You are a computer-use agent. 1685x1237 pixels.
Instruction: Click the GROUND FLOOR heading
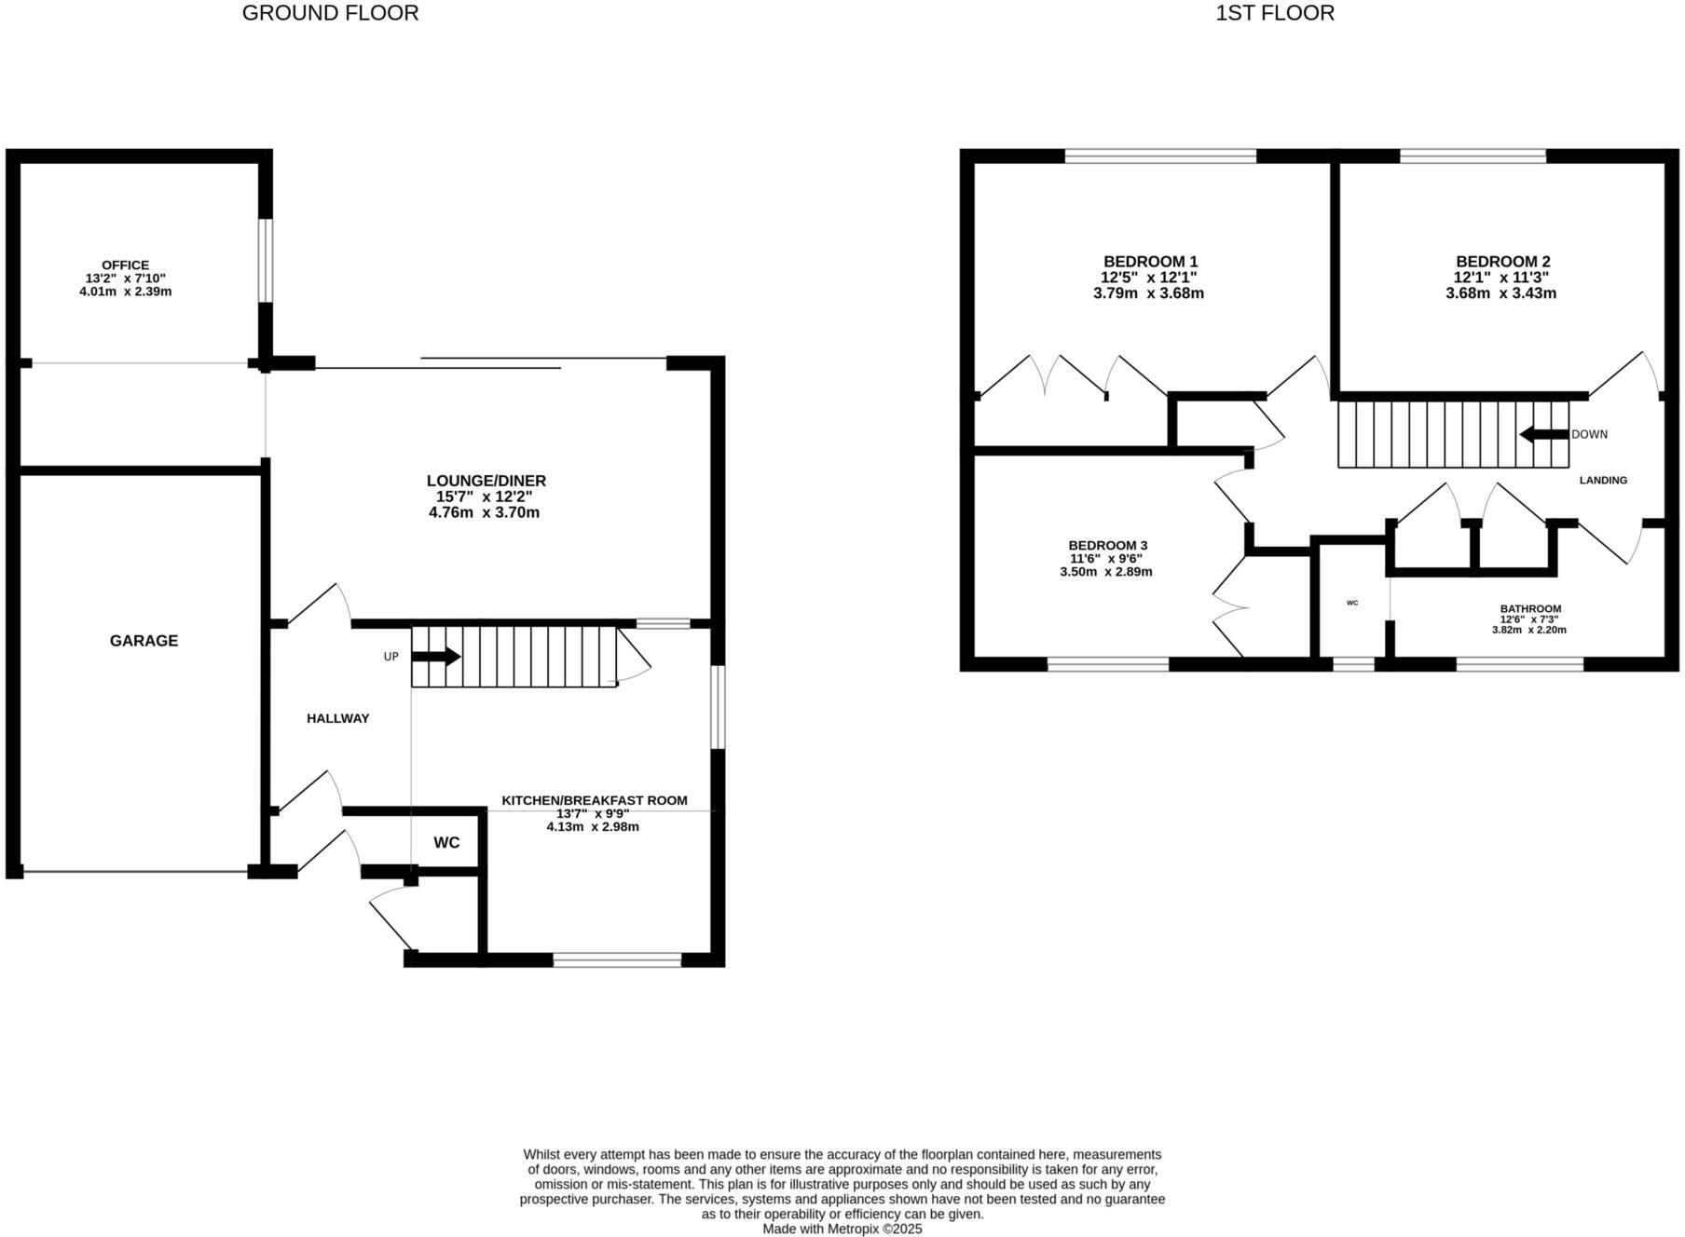pos(330,13)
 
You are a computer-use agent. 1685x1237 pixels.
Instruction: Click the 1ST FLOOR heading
pos(1274,13)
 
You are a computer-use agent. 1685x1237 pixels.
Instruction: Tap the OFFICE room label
pos(125,265)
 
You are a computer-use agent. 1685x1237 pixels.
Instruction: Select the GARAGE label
pos(144,641)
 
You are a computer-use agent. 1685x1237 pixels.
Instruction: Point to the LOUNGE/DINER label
pos(486,481)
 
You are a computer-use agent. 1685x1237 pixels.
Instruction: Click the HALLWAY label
pos(337,718)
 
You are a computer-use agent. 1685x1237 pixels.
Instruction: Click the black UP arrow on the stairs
pos(436,657)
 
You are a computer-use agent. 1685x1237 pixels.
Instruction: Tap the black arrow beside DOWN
pos(1543,434)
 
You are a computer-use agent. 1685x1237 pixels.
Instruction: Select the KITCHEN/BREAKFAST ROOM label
pos(595,800)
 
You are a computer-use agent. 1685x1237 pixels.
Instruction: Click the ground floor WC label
pos(446,843)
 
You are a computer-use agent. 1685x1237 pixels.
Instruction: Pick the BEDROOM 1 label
pos(1150,262)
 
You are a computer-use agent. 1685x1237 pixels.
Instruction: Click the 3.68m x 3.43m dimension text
pos(1500,293)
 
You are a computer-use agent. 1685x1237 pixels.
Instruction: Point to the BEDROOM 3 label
pos(1107,546)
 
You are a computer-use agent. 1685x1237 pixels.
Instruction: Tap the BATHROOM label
pos(1530,609)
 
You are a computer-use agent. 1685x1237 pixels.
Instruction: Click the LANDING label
pos(1603,481)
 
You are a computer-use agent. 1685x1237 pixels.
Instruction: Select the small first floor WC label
pos(1352,604)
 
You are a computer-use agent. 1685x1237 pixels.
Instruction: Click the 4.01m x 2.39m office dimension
pos(125,292)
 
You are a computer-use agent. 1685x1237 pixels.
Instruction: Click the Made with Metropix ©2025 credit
pos(842,1230)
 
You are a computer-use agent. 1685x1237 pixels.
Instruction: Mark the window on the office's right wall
pos(266,261)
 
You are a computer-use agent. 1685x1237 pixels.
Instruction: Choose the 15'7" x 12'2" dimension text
pos(485,497)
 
